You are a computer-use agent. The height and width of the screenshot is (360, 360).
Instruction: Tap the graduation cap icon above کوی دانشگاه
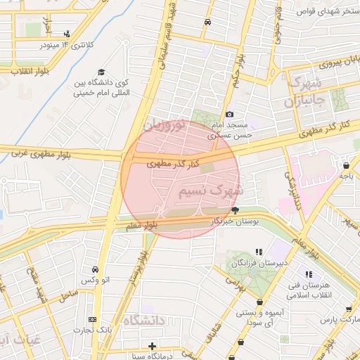click(x=101, y=72)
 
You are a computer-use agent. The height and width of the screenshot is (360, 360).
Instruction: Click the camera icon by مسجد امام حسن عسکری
click(x=229, y=115)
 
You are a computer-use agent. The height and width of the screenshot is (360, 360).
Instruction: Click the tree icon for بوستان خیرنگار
click(x=235, y=210)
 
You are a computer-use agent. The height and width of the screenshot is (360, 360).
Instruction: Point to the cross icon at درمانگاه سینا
click(x=153, y=345)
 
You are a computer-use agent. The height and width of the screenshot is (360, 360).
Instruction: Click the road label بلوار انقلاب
click(x=24, y=70)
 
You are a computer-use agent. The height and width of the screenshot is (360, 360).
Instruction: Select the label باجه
click(x=346, y=177)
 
